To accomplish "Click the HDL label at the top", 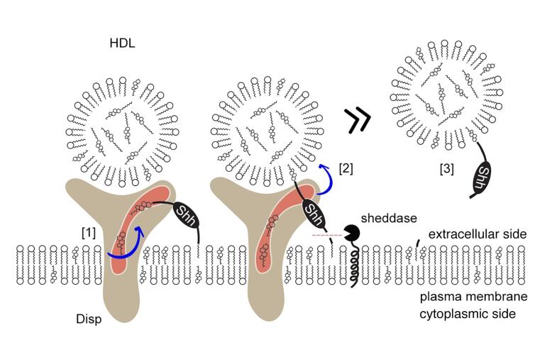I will pos(123,45).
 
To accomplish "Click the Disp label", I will pos(89,319).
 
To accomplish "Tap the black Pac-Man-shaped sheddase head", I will pos(351,232).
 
